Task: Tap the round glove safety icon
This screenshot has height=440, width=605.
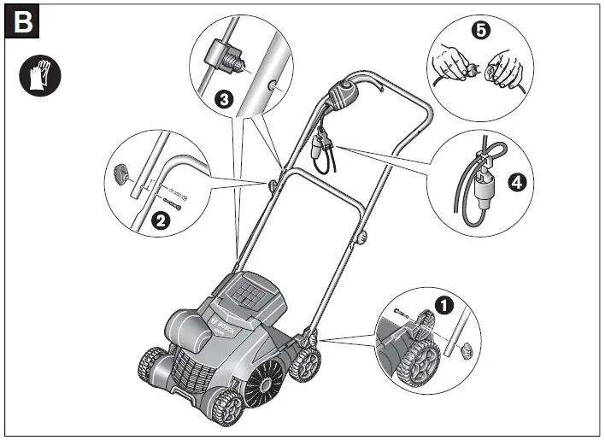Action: point(37,77)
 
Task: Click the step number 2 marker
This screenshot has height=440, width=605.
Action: point(159,221)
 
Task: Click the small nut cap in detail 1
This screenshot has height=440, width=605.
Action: point(466,349)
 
